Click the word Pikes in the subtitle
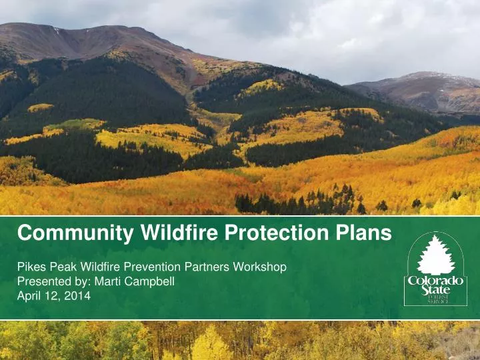30,267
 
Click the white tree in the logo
435,255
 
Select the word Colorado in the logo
435,281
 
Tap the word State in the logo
435,291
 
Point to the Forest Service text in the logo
437,300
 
